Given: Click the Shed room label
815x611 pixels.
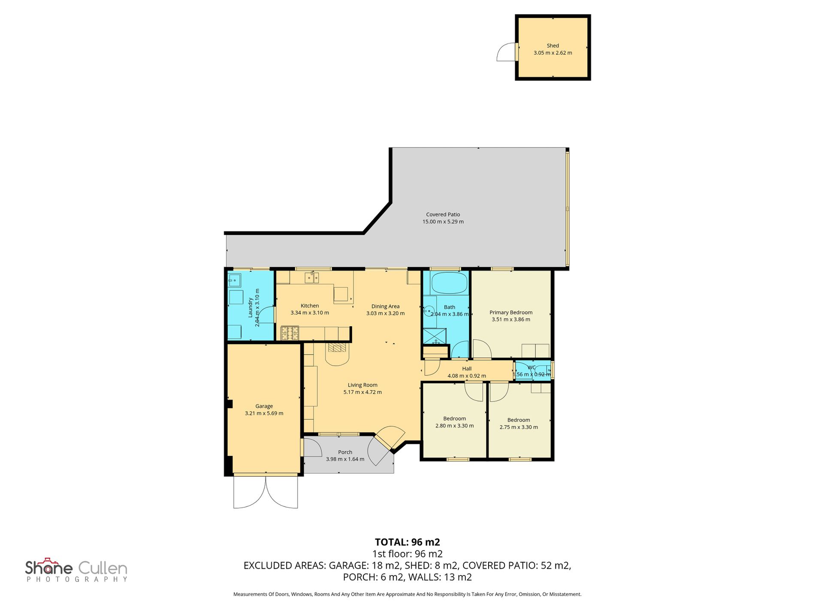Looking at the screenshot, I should (x=552, y=45).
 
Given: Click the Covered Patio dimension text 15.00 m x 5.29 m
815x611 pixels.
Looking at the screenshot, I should (x=443, y=222).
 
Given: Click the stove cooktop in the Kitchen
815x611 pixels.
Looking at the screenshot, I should (x=290, y=333).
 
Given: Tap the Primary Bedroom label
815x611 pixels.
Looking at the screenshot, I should (x=511, y=312).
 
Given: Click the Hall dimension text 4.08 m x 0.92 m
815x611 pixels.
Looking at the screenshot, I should (x=467, y=376).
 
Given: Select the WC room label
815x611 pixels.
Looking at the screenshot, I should (x=531, y=367).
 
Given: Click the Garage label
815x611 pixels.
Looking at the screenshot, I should (x=264, y=406).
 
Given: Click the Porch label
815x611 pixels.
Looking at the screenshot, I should (x=345, y=452).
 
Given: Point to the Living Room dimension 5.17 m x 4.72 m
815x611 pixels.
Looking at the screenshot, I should (x=362, y=392).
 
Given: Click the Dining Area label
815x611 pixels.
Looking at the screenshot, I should (x=385, y=306).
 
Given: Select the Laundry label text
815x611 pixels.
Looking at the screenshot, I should (x=251, y=307).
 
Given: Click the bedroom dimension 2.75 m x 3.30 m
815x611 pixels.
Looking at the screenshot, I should (x=519, y=427).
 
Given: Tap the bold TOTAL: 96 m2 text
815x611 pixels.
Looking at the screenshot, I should (x=407, y=542).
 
